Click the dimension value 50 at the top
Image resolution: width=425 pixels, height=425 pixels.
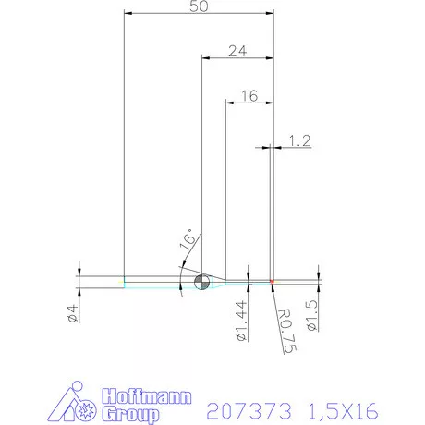198,6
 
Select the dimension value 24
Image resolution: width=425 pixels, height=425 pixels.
237,52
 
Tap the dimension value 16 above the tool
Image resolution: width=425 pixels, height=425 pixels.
249,95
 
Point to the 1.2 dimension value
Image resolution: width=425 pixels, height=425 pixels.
299,140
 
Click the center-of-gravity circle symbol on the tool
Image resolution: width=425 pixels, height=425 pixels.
201,283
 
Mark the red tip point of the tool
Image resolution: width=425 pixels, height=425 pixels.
273,282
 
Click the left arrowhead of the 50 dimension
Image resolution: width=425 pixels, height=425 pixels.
128,14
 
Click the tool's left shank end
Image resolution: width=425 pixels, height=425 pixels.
125,282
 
